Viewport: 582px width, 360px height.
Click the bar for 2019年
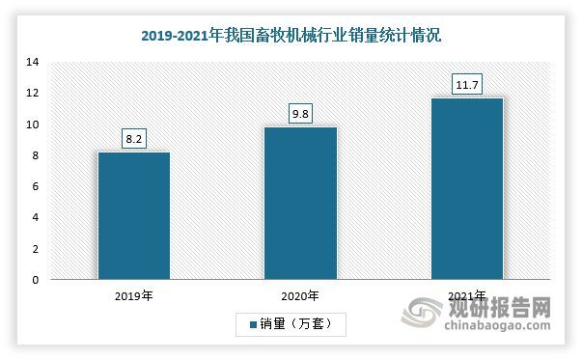pyautogui.click(x=133, y=216)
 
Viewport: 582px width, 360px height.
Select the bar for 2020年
pyautogui.click(x=301, y=204)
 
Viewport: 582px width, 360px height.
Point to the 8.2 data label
pyautogui.click(x=134, y=139)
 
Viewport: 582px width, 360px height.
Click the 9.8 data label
pyautogui.click(x=301, y=114)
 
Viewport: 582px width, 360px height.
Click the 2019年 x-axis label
pyautogui.click(x=133, y=296)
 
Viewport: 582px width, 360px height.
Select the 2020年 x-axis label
pyautogui.click(x=301, y=296)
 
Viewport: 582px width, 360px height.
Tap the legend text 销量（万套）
pyautogui.click(x=299, y=324)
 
